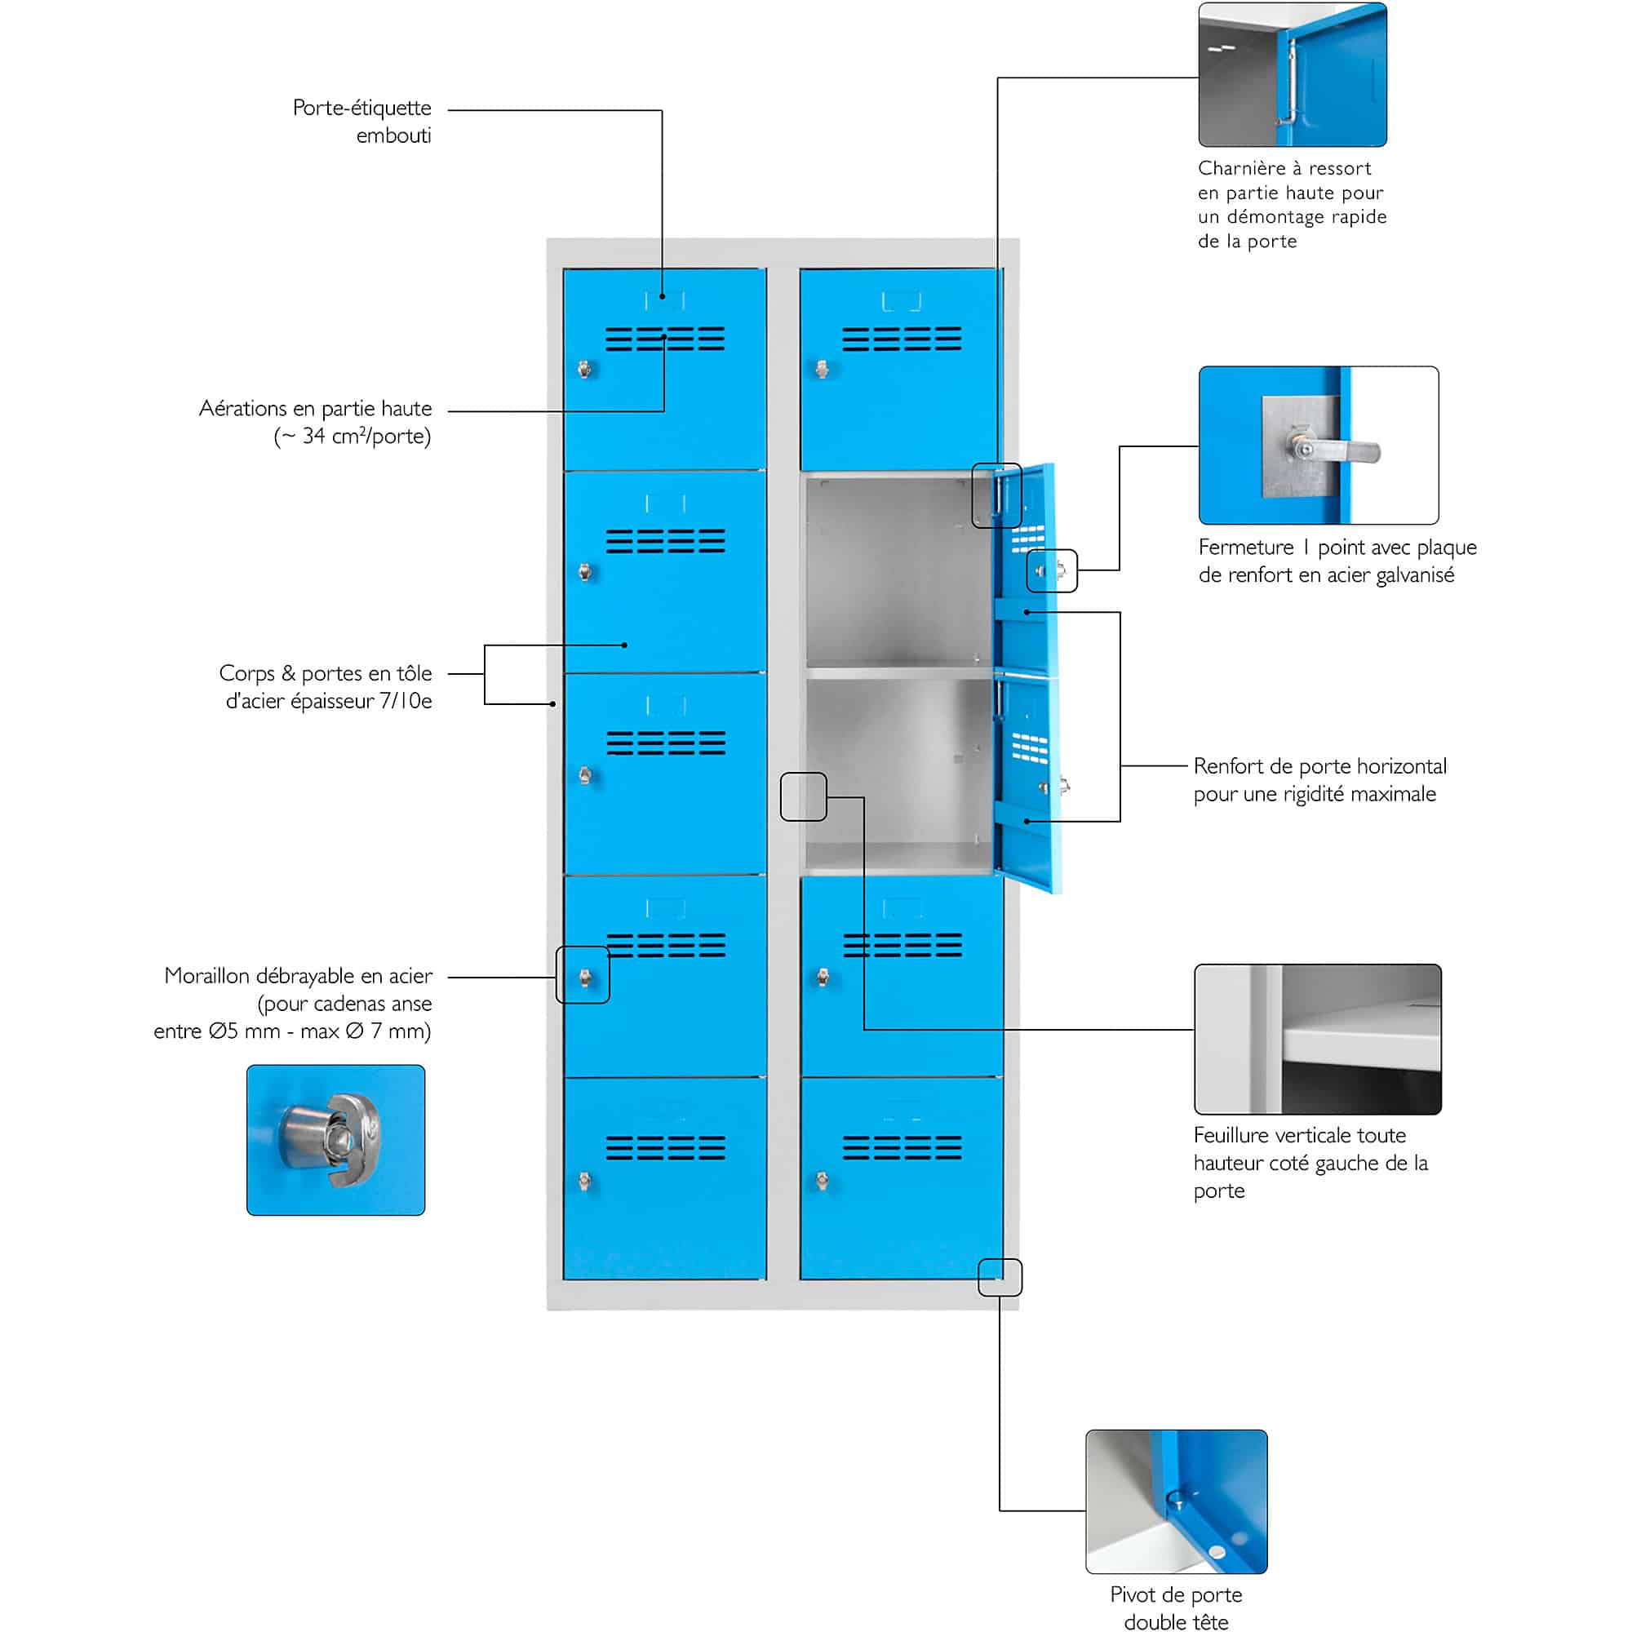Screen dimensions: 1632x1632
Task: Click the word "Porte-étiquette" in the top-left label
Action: tap(361, 109)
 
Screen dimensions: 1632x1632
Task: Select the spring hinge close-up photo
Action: tap(1292, 74)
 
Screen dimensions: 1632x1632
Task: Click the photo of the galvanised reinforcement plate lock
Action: tap(1318, 446)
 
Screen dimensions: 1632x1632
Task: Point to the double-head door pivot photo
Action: tap(1176, 1501)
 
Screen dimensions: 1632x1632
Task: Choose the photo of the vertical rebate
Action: tap(1317, 1039)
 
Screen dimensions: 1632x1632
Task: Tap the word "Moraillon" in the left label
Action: tap(206, 976)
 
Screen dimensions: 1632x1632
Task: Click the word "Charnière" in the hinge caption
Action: tap(1242, 168)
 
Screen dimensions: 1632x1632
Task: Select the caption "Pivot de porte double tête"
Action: tap(1176, 1608)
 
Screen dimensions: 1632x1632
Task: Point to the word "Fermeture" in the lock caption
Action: tap(1245, 548)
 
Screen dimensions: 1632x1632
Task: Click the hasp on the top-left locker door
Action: tap(584, 369)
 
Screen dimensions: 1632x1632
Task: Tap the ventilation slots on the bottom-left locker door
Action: tap(665, 1147)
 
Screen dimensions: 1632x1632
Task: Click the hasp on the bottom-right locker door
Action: tap(822, 1180)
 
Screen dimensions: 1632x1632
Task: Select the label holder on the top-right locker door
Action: tap(902, 301)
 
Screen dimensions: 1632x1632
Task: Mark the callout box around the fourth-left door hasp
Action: tap(583, 975)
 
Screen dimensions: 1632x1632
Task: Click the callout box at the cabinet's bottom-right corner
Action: tap(1000, 1277)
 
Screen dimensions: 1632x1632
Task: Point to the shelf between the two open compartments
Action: tap(898, 672)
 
